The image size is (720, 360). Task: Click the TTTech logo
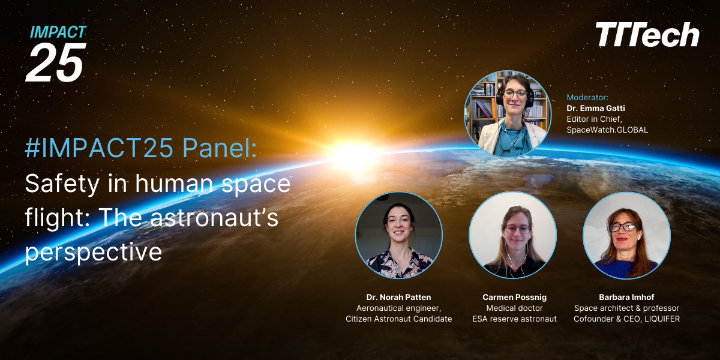click(x=647, y=35)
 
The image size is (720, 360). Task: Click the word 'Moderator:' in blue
click(x=587, y=97)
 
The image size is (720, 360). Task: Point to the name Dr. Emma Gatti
click(x=595, y=108)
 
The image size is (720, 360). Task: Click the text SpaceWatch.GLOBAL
click(x=607, y=130)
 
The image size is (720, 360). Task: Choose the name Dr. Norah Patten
click(x=398, y=297)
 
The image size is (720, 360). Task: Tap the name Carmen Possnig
click(x=514, y=297)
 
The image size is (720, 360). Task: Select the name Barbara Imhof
click(x=626, y=297)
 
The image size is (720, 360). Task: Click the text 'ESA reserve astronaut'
click(x=514, y=319)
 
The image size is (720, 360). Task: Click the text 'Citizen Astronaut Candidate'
click(x=398, y=319)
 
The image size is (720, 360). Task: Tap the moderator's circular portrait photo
click(x=508, y=114)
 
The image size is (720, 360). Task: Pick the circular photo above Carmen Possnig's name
click(x=513, y=235)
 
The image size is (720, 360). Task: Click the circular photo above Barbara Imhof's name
click(x=626, y=235)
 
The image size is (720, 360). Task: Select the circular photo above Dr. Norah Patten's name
click(x=399, y=235)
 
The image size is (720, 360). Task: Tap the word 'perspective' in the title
click(x=93, y=252)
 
